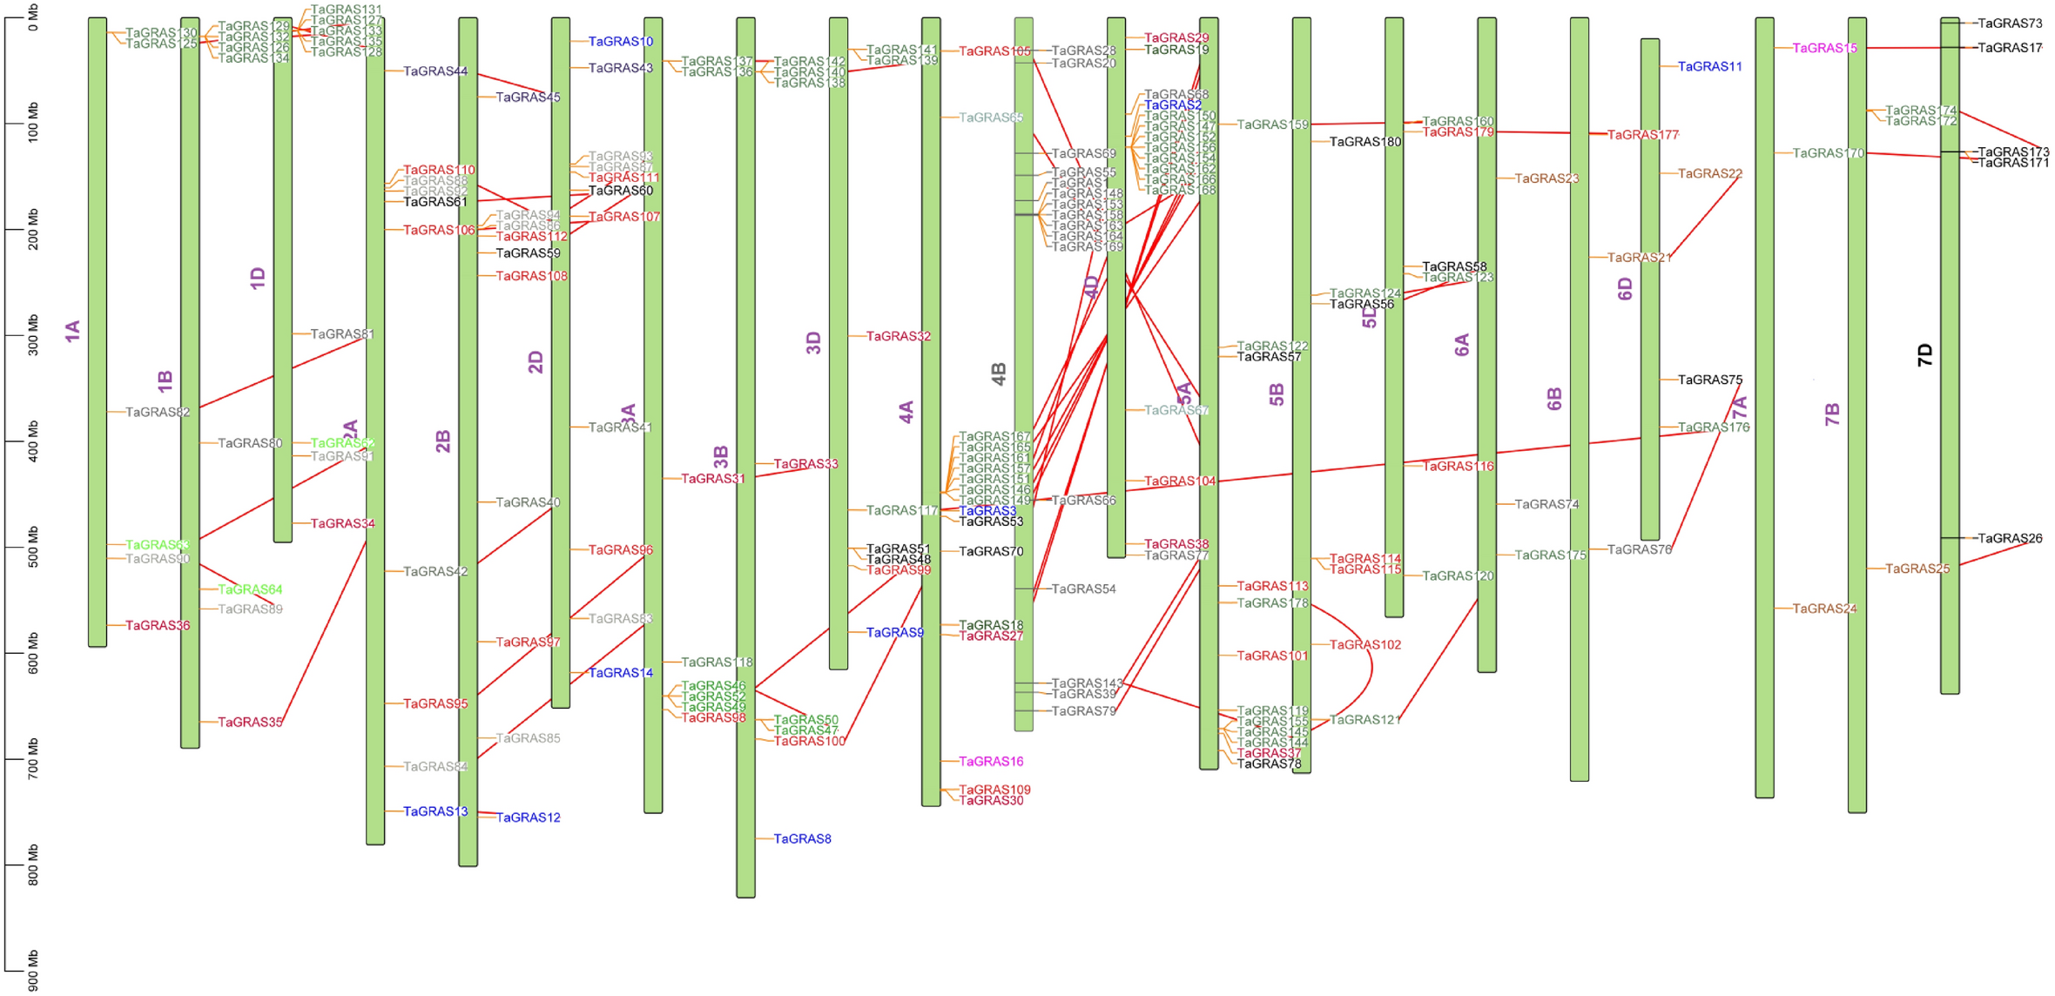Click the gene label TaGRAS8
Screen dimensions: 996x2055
[802, 839]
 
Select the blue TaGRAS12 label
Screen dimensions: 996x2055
[529, 818]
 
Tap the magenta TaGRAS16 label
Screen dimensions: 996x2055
[991, 762]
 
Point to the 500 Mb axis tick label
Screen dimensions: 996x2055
[33, 547]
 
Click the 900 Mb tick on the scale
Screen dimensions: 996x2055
[33, 970]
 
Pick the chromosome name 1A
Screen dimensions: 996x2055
[72, 331]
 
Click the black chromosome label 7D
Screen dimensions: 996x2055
[1924, 354]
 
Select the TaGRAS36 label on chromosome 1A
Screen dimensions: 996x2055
[158, 626]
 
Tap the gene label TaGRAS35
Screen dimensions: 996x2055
[250, 723]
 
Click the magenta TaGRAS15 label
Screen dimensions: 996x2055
[1824, 49]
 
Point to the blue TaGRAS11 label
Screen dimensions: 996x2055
[1710, 67]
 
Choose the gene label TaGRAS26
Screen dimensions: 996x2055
[2010, 539]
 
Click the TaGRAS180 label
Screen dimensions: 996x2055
[1365, 142]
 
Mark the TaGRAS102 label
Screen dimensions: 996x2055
[1365, 645]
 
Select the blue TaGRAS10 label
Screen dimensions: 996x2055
[621, 42]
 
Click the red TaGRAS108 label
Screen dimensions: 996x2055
[531, 276]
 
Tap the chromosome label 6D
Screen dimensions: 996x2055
[1625, 289]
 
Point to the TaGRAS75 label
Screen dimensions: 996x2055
[1710, 380]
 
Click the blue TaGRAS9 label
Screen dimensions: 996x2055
[895, 633]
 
